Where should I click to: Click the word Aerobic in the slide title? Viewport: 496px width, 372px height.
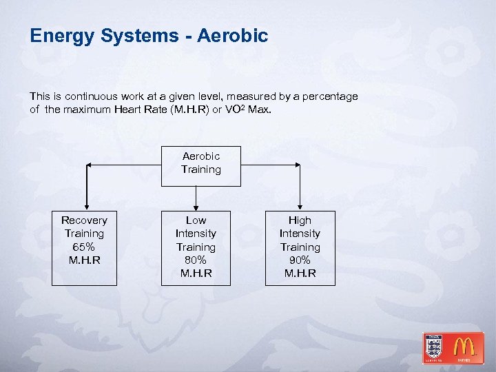pos(232,36)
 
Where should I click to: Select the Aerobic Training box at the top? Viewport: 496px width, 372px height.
pos(201,166)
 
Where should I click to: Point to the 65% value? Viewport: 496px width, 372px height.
pos(84,247)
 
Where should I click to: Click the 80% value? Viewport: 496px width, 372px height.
pos(196,260)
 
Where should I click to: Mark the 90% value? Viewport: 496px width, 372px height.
pos(300,260)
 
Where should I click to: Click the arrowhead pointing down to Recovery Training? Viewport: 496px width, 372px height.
pos(87,206)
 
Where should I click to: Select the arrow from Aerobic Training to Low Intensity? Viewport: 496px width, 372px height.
pos(196,198)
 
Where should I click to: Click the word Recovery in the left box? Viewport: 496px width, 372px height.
pos(84,220)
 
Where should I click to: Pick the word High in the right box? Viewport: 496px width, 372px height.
pos(300,220)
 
